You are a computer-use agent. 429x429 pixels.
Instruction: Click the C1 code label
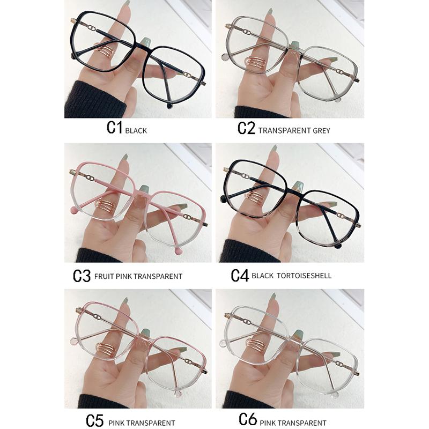tap(115, 128)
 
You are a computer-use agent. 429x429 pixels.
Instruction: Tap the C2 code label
tap(246, 129)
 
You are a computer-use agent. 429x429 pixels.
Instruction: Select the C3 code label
tap(82, 275)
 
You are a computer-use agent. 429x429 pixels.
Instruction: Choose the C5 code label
tap(94, 419)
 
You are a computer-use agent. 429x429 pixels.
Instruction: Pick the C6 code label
tap(248, 419)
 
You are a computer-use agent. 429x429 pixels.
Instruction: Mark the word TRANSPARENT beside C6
tap(306, 423)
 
